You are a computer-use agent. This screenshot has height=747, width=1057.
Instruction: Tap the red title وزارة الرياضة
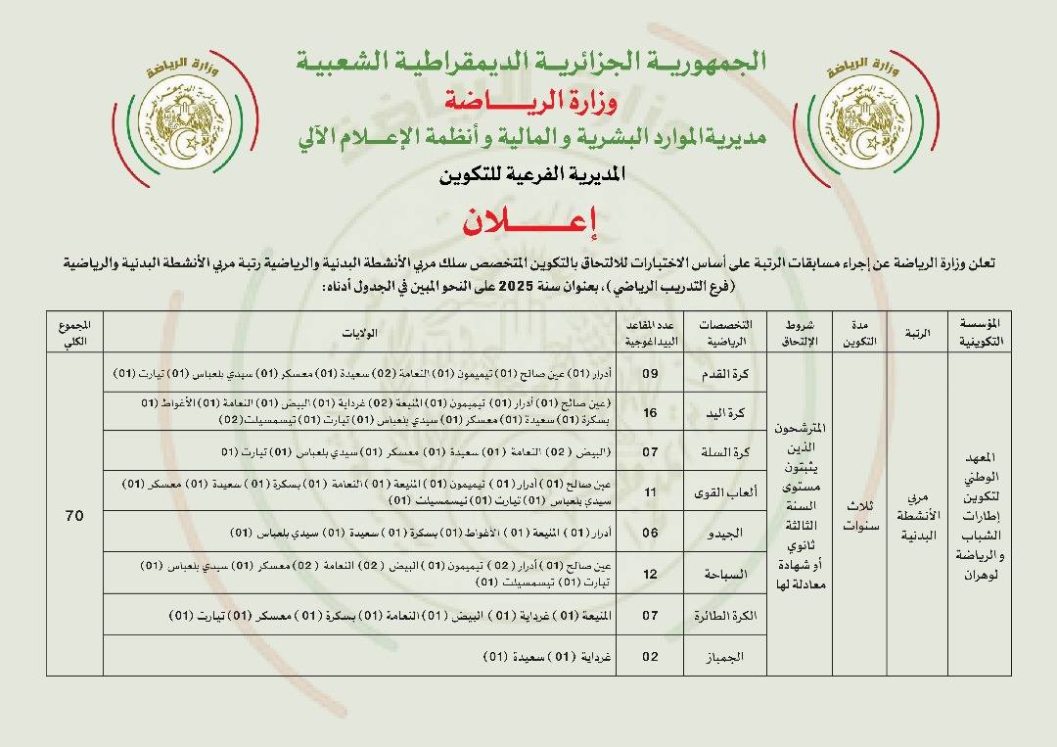click(528, 100)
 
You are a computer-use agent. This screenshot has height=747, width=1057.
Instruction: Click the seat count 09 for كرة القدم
click(651, 374)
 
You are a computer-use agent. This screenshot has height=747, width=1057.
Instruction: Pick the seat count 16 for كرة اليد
click(651, 413)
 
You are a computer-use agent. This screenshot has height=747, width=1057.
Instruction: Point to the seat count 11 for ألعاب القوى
click(651, 492)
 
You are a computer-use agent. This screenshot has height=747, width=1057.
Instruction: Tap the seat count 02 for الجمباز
click(651, 657)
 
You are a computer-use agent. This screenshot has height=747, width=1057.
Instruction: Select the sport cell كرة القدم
click(728, 374)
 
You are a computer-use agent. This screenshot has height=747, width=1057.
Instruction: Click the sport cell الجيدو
click(728, 534)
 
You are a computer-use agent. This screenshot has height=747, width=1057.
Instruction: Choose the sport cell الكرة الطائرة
click(728, 616)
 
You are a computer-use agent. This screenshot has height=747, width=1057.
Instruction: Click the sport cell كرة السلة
click(728, 451)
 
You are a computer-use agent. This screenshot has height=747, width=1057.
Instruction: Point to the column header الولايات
click(361, 333)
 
